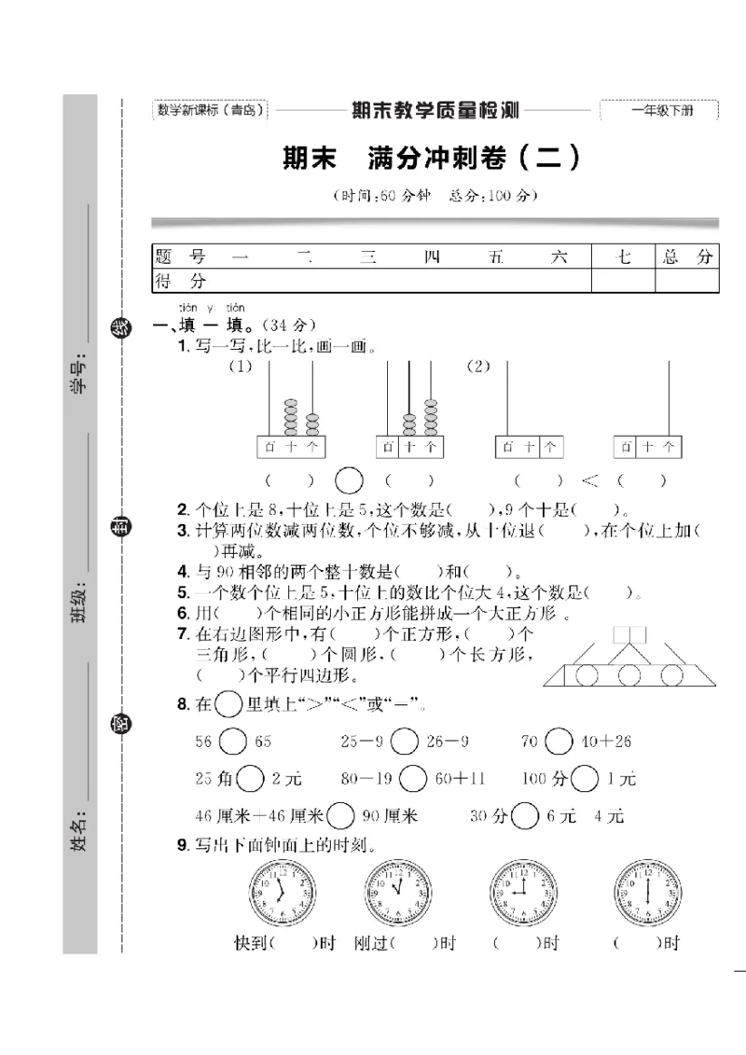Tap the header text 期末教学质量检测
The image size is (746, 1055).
click(435, 111)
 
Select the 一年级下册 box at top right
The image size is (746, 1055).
click(660, 111)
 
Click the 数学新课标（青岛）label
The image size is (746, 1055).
click(211, 110)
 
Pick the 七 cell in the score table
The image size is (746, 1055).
click(623, 257)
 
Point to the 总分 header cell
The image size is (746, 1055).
click(686, 257)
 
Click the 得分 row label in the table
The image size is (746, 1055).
click(181, 281)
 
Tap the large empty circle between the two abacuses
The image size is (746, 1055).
click(349, 480)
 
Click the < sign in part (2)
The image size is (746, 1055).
click(589, 480)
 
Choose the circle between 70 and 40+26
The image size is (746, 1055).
click(559, 742)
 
